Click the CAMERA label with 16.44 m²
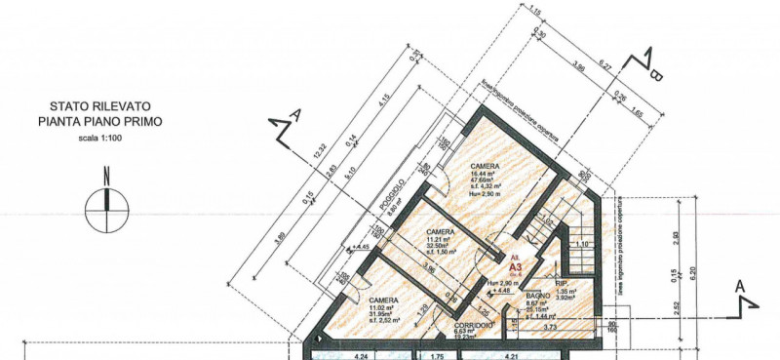(x=485, y=167)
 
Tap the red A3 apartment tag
(x=516, y=261)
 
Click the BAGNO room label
(x=539, y=296)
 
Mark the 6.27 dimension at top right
(x=604, y=66)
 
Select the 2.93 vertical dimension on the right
(x=675, y=237)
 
